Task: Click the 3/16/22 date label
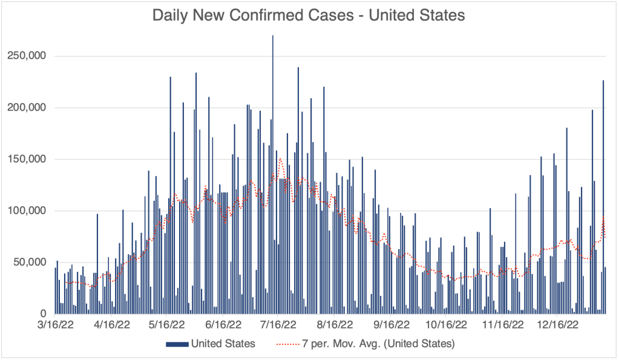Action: point(55,325)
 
